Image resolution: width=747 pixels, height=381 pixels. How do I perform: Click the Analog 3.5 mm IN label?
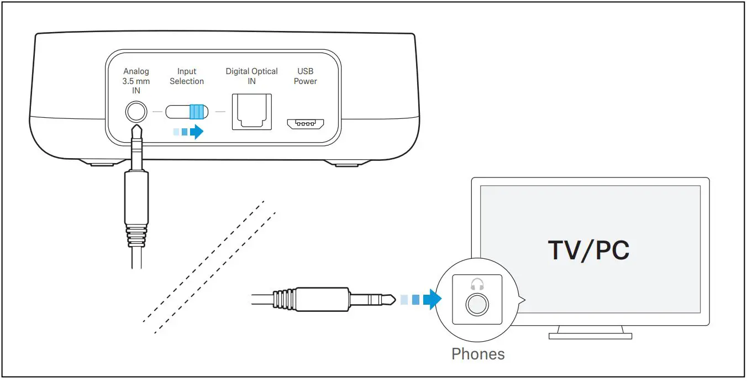coord(136,81)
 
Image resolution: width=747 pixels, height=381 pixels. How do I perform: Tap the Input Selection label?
coord(187,76)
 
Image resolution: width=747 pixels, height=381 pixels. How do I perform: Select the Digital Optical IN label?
coord(252,76)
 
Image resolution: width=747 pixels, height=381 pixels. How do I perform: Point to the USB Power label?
coord(305,76)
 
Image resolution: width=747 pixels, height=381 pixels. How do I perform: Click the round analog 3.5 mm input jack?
coord(136,112)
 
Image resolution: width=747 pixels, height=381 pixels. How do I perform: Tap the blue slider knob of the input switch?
coord(196,112)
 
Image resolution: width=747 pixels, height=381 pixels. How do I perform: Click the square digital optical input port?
coord(252,112)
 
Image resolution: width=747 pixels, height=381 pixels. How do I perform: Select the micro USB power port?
coord(305,123)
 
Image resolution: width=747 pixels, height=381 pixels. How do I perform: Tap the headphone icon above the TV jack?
coord(477,284)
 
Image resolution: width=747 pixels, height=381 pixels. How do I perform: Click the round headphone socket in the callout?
coord(477,305)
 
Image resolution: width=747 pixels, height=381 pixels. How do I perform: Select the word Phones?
coord(478,354)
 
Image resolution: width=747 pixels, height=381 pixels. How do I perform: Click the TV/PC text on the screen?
coord(588,250)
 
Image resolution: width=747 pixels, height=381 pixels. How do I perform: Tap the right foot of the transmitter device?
coord(344,163)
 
